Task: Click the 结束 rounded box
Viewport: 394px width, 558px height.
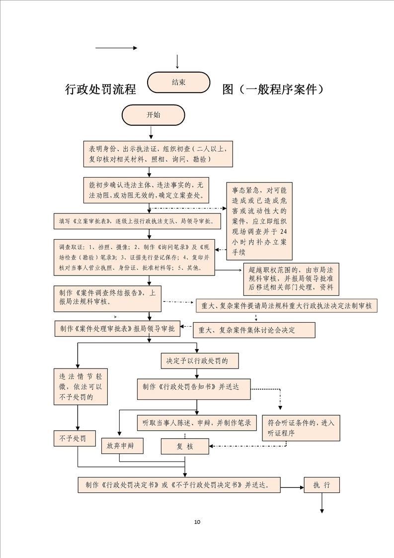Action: pos(179,83)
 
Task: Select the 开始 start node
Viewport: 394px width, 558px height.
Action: pos(153,115)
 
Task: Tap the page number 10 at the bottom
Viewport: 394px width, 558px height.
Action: pos(197,522)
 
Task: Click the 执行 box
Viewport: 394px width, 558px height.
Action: pos(321,485)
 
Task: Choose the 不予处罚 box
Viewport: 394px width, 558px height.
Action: pos(75,438)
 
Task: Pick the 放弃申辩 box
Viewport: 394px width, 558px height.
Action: pos(122,446)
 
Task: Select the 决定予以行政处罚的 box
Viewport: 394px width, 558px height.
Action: pos(197,361)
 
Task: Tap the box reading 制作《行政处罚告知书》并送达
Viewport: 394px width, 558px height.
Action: pos(194,388)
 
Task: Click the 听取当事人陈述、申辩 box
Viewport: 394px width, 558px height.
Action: pos(196,423)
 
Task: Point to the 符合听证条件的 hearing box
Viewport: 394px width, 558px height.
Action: pos(301,428)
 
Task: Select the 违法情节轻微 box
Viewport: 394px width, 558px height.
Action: pos(80,386)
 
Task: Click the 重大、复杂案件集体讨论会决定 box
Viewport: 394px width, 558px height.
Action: pos(254,330)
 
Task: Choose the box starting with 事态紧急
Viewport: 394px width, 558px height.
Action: pos(259,221)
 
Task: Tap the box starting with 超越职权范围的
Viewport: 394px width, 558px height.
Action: pos(291,279)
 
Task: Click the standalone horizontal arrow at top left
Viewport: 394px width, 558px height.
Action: pos(116,48)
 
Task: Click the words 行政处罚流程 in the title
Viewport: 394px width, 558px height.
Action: pos(101,90)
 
